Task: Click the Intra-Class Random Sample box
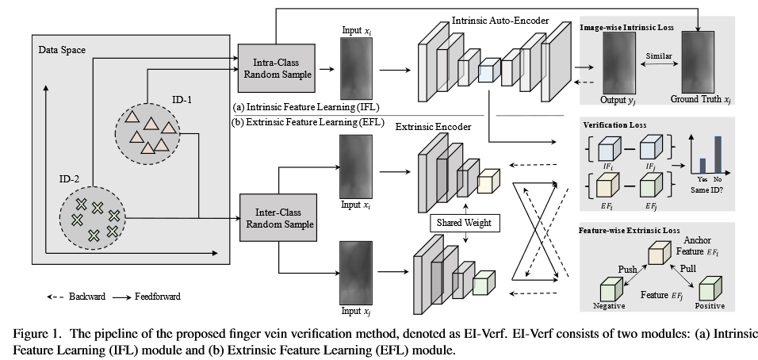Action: coord(276,69)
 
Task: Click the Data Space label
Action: coord(62,50)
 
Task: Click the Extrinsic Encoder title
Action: coord(433,125)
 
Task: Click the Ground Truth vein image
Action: coord(699,67)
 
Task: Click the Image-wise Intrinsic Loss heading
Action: coord(626,28)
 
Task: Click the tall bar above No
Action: coord(719,154)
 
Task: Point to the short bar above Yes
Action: coord(702,166)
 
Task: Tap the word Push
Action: coord(627,270)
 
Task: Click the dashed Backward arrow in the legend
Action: coord(54,297)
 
